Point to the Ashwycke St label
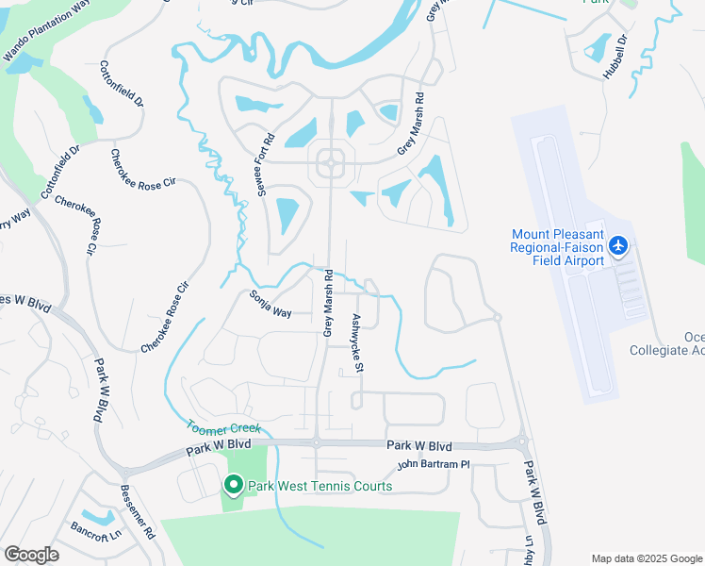(x=357, y=344)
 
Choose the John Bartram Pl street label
(x=433, y=464)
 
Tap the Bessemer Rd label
(x=137, y=512)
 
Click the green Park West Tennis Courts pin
(x=233, y=485)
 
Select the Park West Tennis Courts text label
(x=320, y=487)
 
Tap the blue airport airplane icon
(x=618, y=246)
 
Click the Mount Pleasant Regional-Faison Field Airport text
(x=557, y=247)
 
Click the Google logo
(x=31, y=554)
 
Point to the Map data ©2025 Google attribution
(x=646, y=558)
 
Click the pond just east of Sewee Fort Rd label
(x=288, y=214)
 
